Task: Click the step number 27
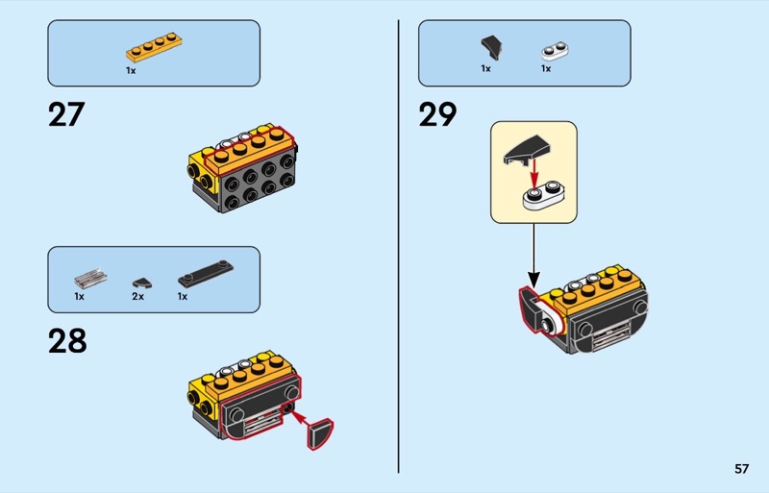point(66,114)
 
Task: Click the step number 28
point(67,341)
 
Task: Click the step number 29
point(437,114)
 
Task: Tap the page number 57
point(741,469)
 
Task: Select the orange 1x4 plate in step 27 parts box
point(154,47)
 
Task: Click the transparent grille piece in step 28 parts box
point(90,278)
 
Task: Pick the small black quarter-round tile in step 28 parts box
point(141,283)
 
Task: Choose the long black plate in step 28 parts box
point(206,274)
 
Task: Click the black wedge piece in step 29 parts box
point(491,48)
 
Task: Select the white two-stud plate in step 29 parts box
point(556,51)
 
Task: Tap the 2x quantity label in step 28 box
point(137,297)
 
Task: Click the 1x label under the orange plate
point(131,71)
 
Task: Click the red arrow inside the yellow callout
point(534,172)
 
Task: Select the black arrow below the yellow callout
point(534,256)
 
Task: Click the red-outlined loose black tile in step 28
point(320,434)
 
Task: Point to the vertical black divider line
point(399,246)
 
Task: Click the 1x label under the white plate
point(546,68)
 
